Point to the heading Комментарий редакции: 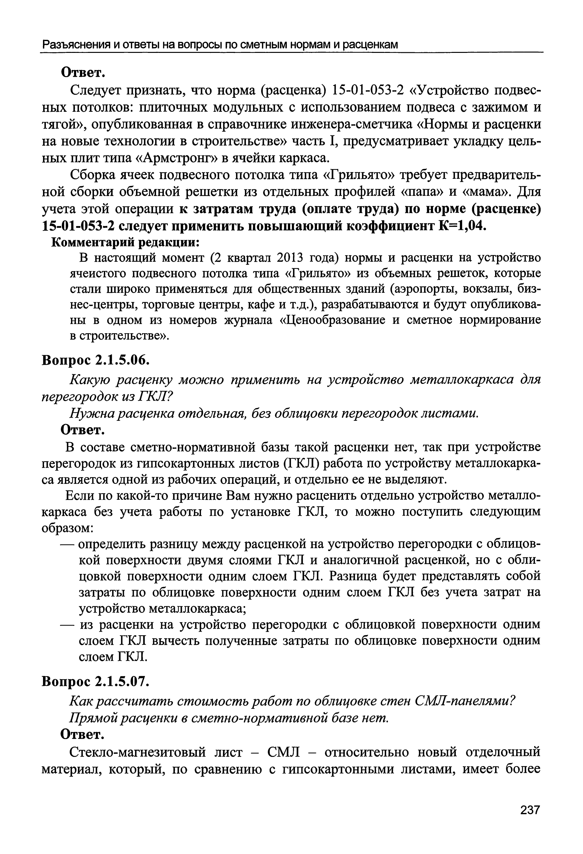pos(125,242)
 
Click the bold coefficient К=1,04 pos(463,226)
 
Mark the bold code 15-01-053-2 pos(78,226)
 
